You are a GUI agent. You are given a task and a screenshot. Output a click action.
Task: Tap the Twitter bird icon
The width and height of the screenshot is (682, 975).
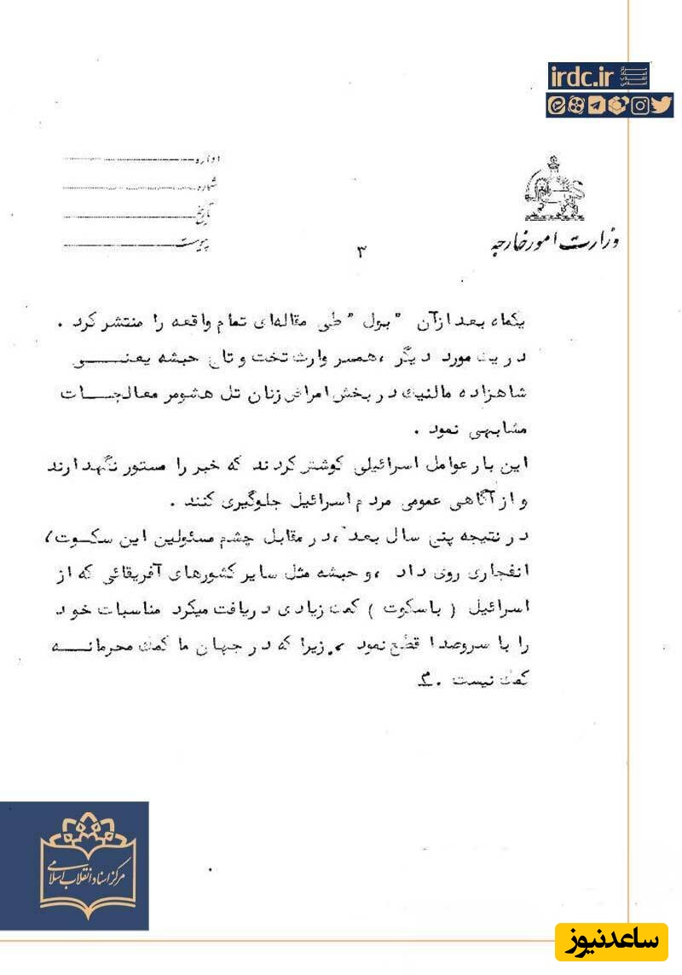[662, 106]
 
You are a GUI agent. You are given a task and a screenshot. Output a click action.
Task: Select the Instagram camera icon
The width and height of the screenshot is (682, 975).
[640, 106]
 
